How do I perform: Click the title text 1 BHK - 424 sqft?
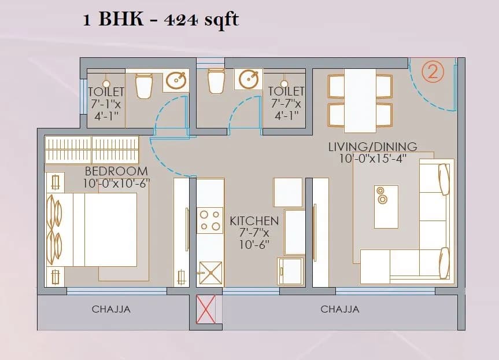click(x=160, y=20)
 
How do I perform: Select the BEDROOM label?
click(x=116, y=172)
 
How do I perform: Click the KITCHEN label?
click(x=254, y=221)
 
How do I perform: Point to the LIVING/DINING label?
click(x=372, y=146)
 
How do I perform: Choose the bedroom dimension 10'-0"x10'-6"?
click(x=116, y=184)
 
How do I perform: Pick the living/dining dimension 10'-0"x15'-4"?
click(x=373, y=159)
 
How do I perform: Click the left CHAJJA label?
click(x=111, y=309)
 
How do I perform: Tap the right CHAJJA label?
click(x=340, y=309)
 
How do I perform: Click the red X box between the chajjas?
click(x=206, y=309)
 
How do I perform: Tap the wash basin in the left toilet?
click(x=176, y=80)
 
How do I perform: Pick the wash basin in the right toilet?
click(x=249, y=79)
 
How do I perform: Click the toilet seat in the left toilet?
click(x=143, y=86)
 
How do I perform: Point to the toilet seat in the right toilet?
click(x=216, y=80)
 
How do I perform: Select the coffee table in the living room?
click(x=386, y=207)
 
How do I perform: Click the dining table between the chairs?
click(x=360, y=100)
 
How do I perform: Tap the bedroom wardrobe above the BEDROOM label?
click(x=92, y=150)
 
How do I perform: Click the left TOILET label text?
click(x=106, y=91)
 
